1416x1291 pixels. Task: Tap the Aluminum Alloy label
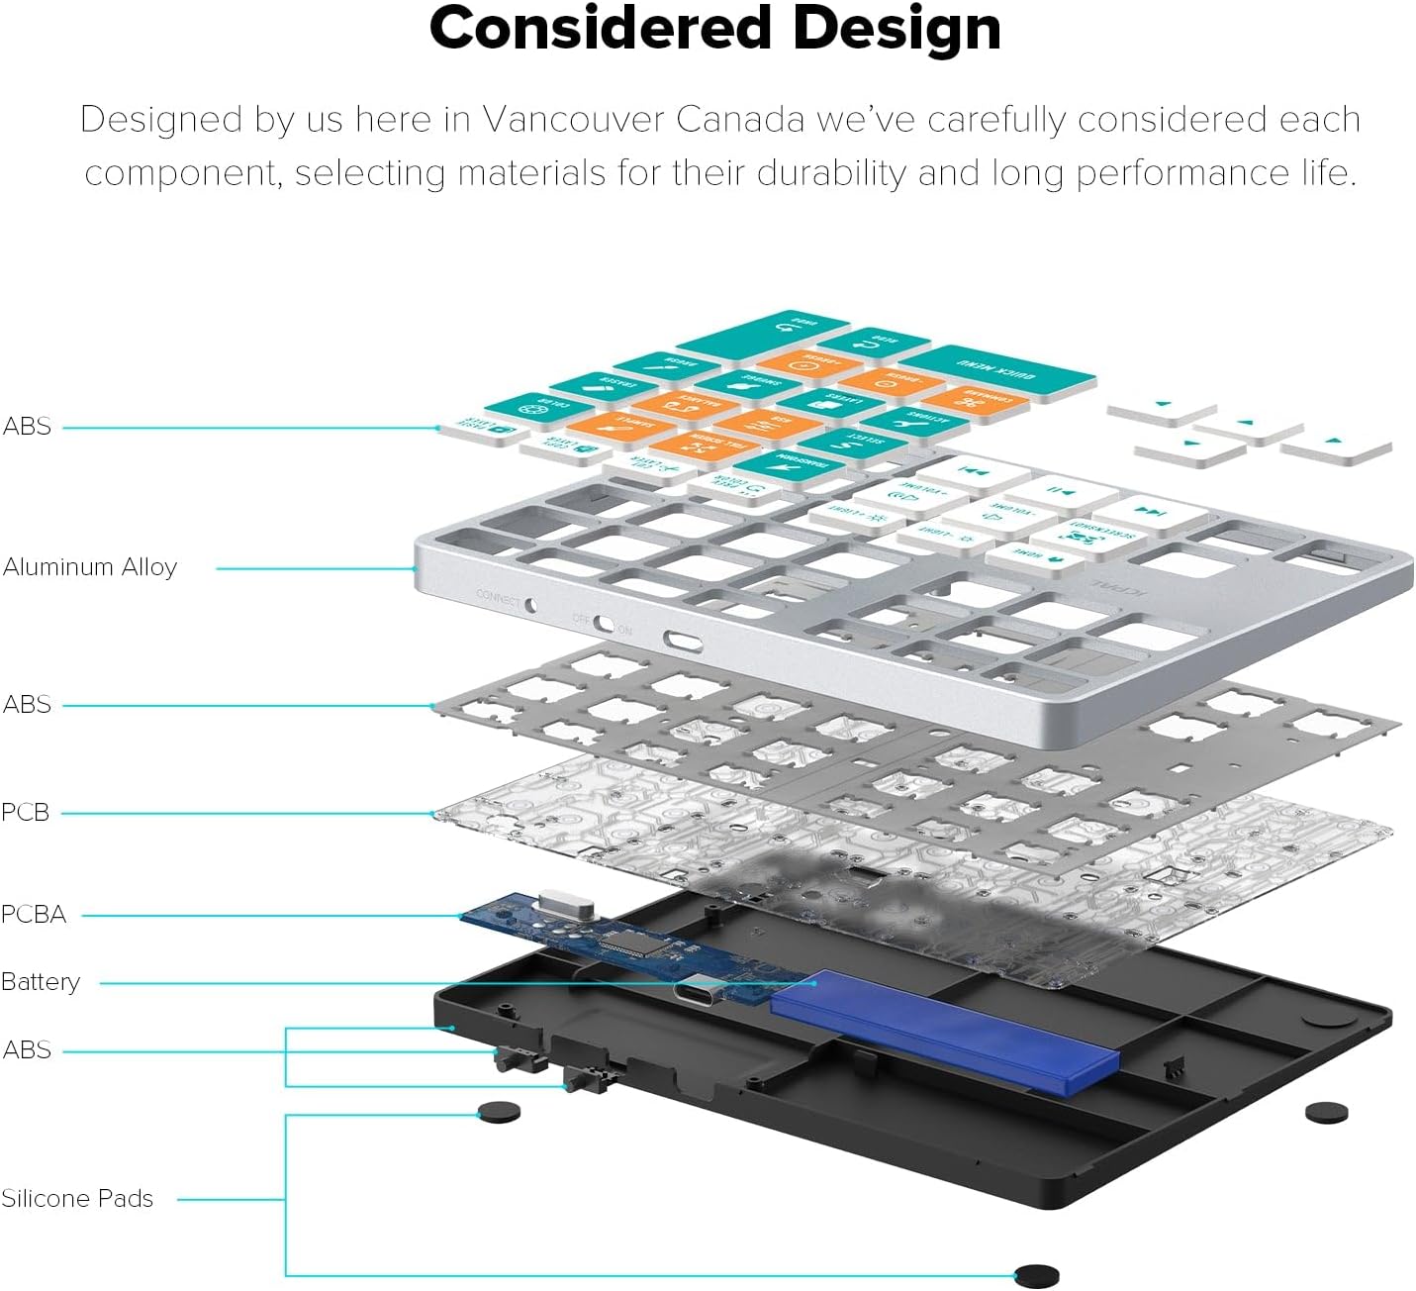90,567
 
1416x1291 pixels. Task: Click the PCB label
26,813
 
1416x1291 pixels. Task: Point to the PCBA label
34,914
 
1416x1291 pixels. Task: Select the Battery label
41,982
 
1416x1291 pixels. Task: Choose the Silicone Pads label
77,1199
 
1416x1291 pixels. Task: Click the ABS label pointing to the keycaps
27,427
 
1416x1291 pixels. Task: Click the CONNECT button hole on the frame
530,603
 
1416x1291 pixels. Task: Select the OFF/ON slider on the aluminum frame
603,624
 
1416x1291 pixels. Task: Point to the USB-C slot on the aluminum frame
683,642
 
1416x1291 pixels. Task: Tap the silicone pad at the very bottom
1037,1276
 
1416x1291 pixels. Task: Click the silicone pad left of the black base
499,1112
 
